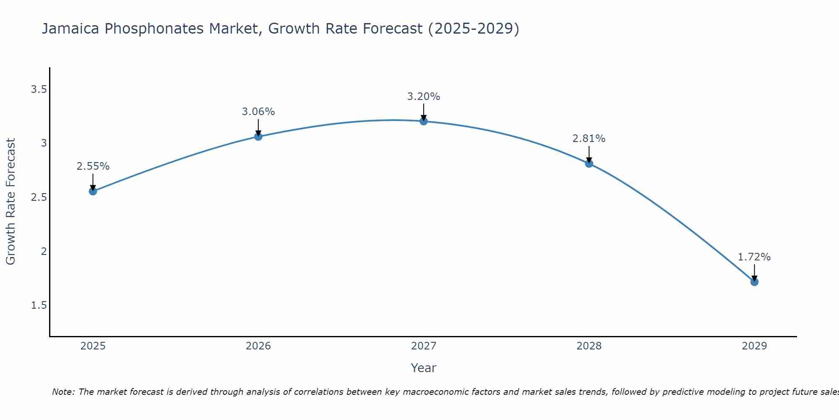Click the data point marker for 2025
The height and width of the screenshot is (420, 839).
93,192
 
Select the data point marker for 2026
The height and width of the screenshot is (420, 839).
258,136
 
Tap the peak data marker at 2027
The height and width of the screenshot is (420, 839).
424,121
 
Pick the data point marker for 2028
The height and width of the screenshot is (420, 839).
589,163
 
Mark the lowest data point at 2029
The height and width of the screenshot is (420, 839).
754,282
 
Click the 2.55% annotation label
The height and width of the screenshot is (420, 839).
93,166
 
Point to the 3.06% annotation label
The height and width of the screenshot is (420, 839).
258,112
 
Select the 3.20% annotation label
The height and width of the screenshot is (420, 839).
424,97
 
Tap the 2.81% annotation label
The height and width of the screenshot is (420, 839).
589,139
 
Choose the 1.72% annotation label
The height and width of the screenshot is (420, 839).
754,257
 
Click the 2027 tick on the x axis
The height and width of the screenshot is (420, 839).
424,346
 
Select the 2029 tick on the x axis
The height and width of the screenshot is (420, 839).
754,346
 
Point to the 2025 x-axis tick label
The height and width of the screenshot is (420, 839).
93,346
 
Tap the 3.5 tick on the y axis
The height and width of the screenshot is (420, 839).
39,89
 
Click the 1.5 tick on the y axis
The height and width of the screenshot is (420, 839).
39,305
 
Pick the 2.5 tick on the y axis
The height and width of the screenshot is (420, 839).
39,197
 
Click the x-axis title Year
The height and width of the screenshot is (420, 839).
424,368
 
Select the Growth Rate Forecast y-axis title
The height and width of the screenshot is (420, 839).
11,202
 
